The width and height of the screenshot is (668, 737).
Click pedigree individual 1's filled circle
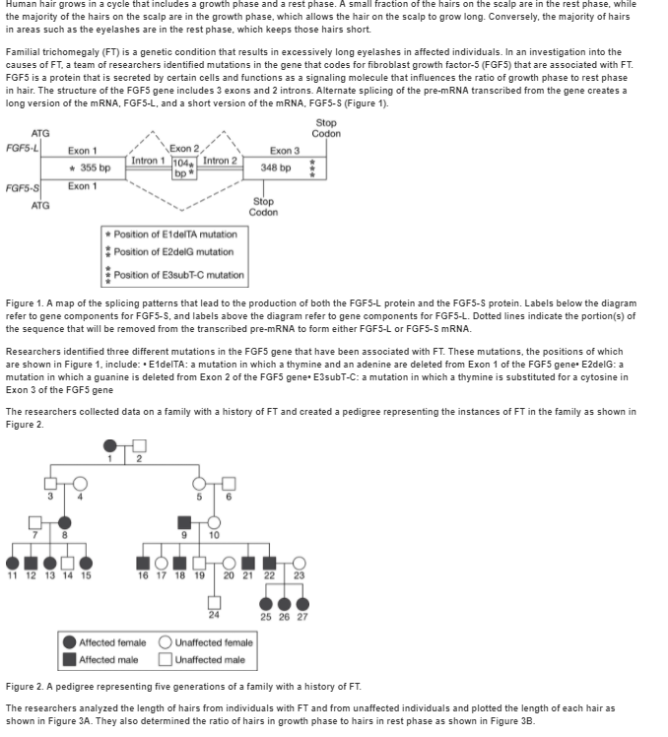point(112,447)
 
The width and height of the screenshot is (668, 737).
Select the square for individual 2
point(138,447)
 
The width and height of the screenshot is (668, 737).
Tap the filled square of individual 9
point(183,521)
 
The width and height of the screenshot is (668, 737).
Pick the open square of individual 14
point(68,563)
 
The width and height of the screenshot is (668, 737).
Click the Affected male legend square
point(70,659)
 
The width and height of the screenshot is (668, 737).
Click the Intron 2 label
point(221,161)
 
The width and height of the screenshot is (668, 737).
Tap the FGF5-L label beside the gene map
point(21,148)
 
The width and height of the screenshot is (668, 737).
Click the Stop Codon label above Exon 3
point(326,128)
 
